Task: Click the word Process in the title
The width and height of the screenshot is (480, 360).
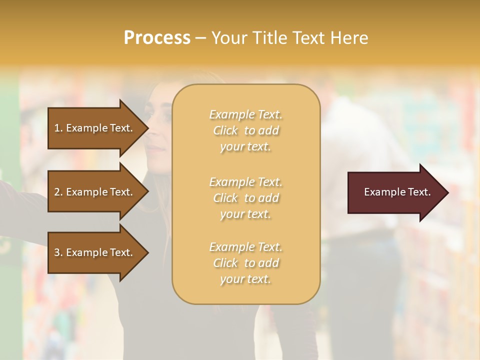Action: coord(157,38)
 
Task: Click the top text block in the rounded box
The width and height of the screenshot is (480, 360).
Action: coord(245,130)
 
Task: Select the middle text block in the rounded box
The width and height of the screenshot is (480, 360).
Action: coord(245,197)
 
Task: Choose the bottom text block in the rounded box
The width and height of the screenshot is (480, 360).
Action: coord(245,263)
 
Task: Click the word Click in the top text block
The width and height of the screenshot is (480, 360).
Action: coord(225,130)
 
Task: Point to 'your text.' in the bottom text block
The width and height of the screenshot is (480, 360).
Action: coord(245,279)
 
